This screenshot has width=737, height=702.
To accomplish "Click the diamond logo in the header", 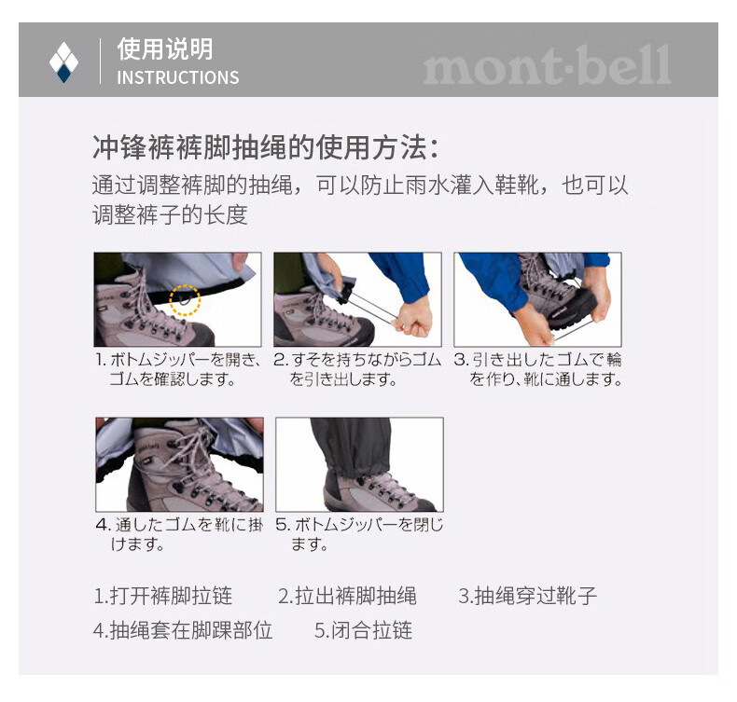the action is point(63,62).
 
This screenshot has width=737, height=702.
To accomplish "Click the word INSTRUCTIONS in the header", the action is point(177,77).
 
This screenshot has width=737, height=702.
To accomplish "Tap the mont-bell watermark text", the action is point(547,65).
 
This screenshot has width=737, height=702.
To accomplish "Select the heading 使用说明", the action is point(165,48).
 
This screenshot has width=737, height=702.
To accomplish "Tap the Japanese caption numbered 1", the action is point(177,369).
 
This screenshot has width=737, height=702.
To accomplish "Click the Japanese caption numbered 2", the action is point(357,369).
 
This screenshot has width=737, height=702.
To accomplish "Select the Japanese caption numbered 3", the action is point(537,369).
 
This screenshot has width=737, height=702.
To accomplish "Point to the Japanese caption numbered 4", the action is point(179,534).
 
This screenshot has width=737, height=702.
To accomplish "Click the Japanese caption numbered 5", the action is point(359,534).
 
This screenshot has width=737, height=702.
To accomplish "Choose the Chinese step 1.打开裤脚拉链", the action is point(162,596).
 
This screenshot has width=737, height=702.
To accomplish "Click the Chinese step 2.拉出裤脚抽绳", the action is point(347,596).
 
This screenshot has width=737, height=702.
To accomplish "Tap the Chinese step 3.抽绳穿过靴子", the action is point(527,596).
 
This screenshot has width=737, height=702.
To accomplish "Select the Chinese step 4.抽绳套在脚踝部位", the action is point(183,630).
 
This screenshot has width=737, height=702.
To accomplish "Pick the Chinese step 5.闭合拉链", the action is point(363,630).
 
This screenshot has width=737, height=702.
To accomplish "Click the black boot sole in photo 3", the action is point(575,312).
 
